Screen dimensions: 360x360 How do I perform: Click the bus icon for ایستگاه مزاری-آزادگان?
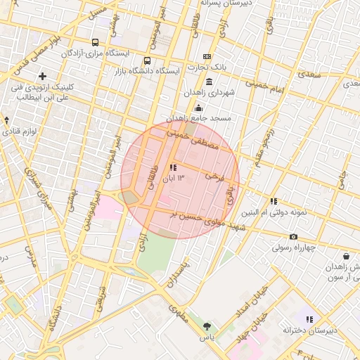coord(96,43)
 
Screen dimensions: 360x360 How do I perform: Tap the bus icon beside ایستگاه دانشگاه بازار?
coord(147,60)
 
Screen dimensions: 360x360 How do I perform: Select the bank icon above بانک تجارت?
coord(207,56)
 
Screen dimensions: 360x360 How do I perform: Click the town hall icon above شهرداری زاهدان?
coord(210,82)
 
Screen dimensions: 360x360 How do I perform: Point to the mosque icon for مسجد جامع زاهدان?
coord(200,108)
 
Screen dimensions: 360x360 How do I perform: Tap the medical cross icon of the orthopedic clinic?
coord(43,76)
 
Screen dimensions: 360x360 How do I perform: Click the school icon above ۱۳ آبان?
coord(173,167)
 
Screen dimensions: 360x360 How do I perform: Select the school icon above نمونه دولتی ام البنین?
coord(274,201)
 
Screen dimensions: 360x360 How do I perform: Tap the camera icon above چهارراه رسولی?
coord(293,236)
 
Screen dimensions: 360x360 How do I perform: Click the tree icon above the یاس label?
coord(207,326)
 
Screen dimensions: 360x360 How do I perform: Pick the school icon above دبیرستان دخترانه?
coord(309,319)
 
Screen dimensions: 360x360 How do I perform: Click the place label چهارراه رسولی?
coord(293,247)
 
